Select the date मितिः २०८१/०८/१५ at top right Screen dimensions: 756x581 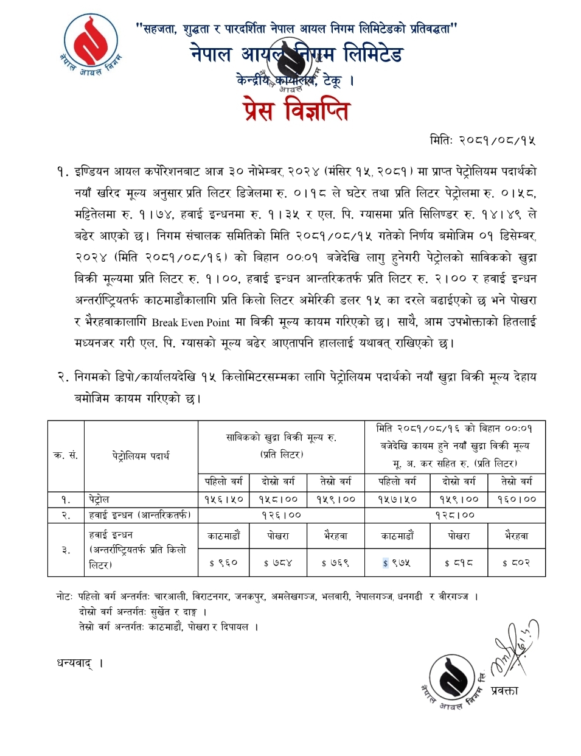click(483, 141)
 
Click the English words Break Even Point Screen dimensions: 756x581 click(191, 323)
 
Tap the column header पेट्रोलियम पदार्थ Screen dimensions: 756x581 click(141, 455)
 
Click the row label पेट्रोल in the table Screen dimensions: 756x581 click(99, 499)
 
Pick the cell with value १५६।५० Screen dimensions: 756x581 click(224, 499)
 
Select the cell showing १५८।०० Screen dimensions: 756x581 click(279, 499)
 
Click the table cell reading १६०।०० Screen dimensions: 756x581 click(517, 499)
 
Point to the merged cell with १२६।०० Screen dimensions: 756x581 click(281, 515)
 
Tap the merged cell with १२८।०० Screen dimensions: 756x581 click(454, 515)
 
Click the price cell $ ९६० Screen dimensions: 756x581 click(224, 563)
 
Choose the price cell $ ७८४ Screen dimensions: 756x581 click(278, 563)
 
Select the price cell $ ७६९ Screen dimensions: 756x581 click(335, 563)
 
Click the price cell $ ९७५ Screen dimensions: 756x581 click(397, 563)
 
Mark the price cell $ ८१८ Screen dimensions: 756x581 click(459, 563)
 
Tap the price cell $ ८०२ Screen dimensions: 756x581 click(517, 563)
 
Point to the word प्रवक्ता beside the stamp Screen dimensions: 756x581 click(504, 690)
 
